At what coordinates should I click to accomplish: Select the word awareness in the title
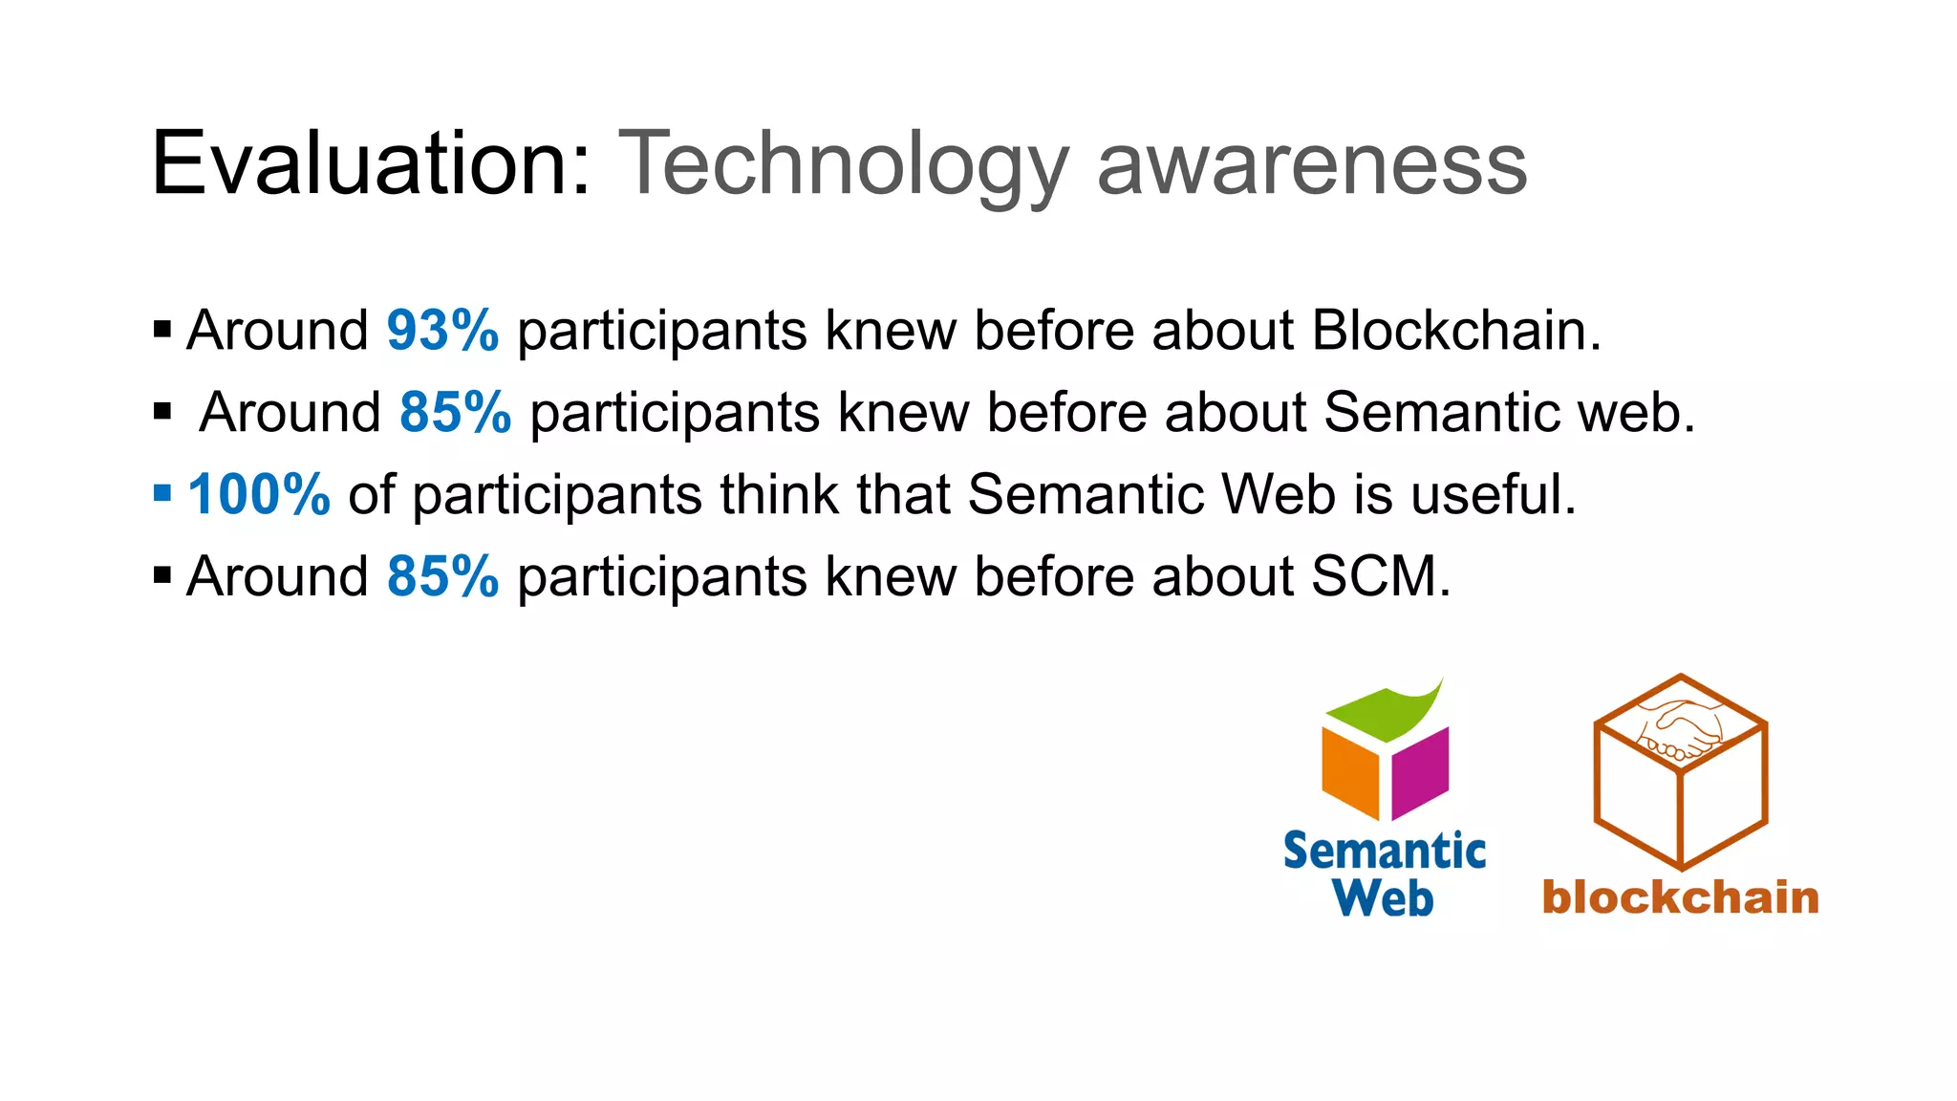click(1312, 164)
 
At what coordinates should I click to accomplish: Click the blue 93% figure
click(442, 331)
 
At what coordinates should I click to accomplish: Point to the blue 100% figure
click(259, 495)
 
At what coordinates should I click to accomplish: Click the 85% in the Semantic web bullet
click(455, 413)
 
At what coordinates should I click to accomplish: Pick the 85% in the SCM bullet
click(442, 577)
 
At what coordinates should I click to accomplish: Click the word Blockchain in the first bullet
click(1455, 331)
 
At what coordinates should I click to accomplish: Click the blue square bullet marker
click(162, 494)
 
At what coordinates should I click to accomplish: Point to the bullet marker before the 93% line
click(162, 331)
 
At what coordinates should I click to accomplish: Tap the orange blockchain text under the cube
click(1680, 897)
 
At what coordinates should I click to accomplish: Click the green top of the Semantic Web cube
click(1386, 712)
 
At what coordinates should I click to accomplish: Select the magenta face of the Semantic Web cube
click(1421, 772)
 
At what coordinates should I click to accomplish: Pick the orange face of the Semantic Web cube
click(1350, 772)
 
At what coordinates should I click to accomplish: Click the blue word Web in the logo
click(1383, 898)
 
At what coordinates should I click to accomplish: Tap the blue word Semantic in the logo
click(1384, 851)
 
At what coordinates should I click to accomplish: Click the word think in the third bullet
click(780, 495)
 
